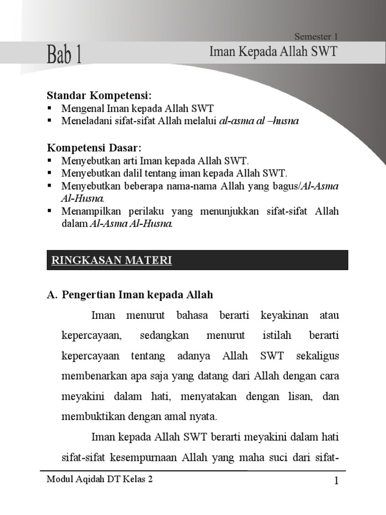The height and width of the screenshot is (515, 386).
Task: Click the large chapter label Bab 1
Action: click(x=65, y=54)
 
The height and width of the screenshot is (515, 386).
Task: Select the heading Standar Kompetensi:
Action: click(x=99, y=96)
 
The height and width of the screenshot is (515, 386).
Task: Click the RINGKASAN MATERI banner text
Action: click(x=111, y=260)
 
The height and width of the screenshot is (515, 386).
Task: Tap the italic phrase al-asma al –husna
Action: click(x=259, y=121)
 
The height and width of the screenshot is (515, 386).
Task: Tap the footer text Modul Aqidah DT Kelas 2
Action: click(x=100, y=480)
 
